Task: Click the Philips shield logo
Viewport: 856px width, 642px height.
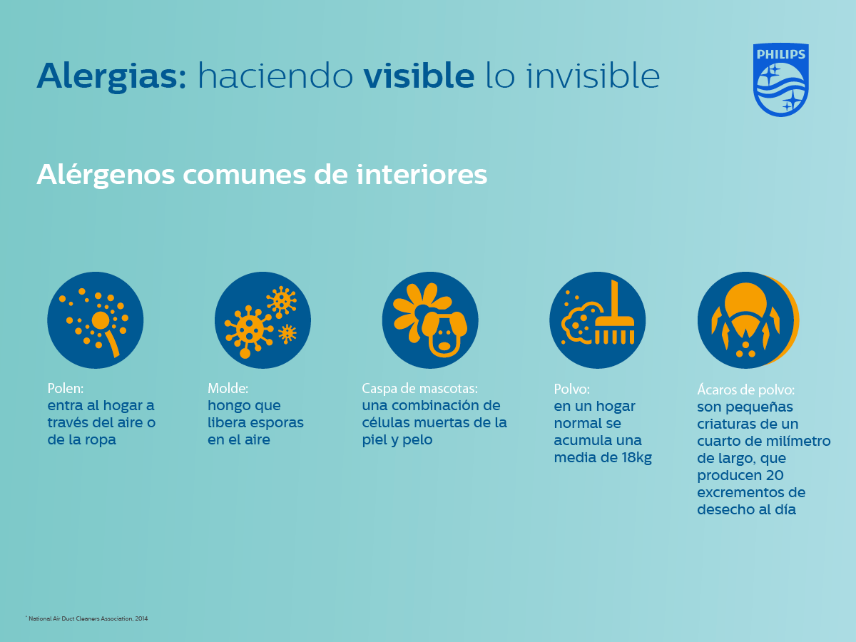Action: pyautogui.click(x=780, y=79)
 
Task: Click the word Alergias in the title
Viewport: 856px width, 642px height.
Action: pyautogui.click(x=111, y=77)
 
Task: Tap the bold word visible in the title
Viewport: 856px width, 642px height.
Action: pyautogui.click(x=419, y=75)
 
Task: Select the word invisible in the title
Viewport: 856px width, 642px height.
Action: pyautogui.click(x=593, y=75)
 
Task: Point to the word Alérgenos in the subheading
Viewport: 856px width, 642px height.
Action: pyautogui.click(x=106, y=175)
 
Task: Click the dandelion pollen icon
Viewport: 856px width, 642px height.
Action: pyautogui.click(x=95, y=320)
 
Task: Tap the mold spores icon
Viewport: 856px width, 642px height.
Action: pyautogui.click(x=263, y=320)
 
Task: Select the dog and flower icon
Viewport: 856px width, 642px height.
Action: pyautogui.click(x=430, y=320)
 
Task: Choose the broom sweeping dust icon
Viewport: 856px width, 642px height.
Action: pyautogui.click(x=598, y=320)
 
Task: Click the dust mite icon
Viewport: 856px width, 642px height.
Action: pyautogui.click(x=748, y=320)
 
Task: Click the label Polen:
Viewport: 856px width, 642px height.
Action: pyautogui.click(x=66, y=388)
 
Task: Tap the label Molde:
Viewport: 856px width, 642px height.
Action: pyautogui.click(x=228, y=388)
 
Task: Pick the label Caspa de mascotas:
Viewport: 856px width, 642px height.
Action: pyautogui.click(x=419, y=389)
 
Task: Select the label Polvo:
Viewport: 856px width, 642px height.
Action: pyautogui.click(x=571, y=389)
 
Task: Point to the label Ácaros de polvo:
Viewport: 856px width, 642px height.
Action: pyautogui.click(x=745, y=389)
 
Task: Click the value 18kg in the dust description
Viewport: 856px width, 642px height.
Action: pyautogui.click(x=636, y=458)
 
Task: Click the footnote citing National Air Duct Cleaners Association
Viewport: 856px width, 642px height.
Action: pyautogui.click(x=86, y=618)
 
